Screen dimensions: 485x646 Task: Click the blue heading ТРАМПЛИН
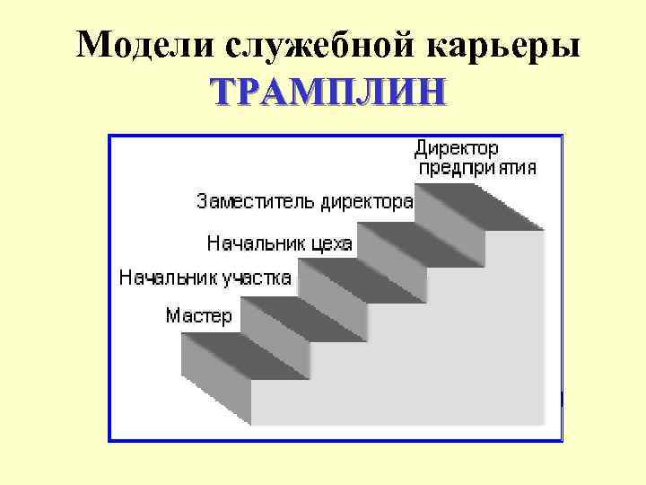[x=326, y=92]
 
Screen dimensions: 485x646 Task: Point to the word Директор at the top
[x=457, y=147]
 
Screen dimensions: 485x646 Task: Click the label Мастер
[x=199, y=316]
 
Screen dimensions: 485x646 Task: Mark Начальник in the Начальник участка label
[x=162, y=278]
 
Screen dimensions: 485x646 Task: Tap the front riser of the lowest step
[x=215, y=382]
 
